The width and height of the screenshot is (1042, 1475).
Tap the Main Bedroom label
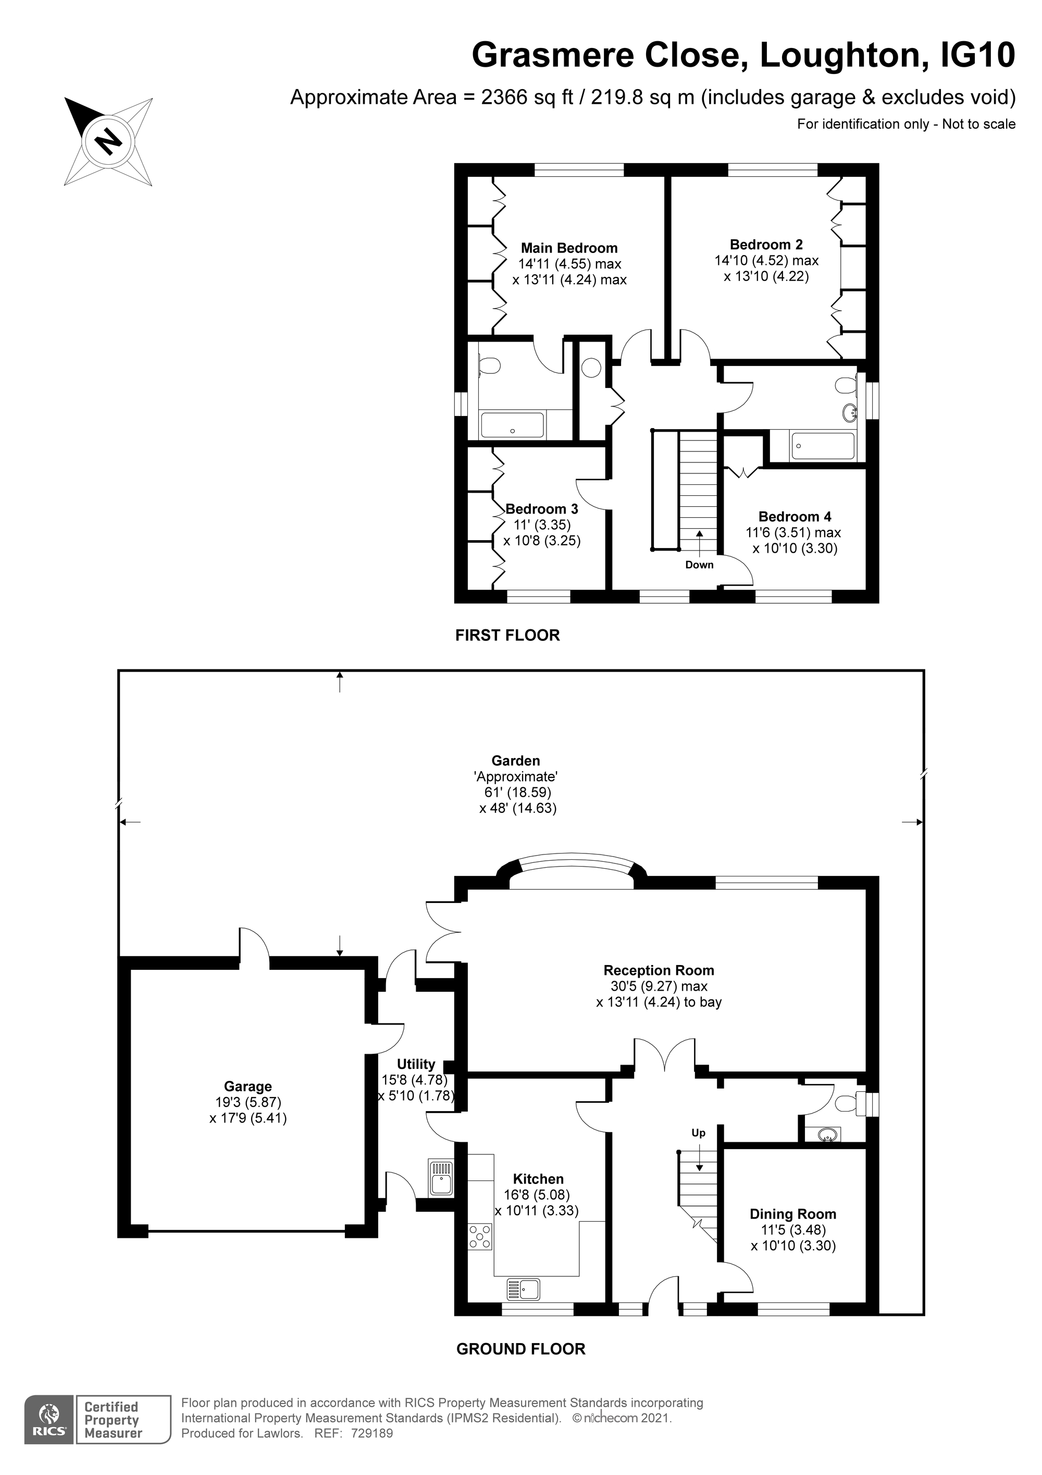tap(569, 248)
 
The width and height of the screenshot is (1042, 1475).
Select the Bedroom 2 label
tap(766, 245)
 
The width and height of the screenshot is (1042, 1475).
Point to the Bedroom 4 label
tap(795, 517)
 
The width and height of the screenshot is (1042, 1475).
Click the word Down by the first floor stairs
tap(699, 565)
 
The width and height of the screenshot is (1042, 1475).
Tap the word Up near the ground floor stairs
tap(699, 1132)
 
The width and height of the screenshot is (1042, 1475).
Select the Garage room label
tap(248, 1087)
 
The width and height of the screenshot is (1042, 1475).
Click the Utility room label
tap(416, 1064)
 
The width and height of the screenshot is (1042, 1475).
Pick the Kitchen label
tap(538, 1179)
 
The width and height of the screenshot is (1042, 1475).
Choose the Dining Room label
tap(793, 1214)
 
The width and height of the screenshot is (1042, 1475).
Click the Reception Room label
tap(659, 970)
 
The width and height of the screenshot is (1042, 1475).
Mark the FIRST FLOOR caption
tap(507, 636)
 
